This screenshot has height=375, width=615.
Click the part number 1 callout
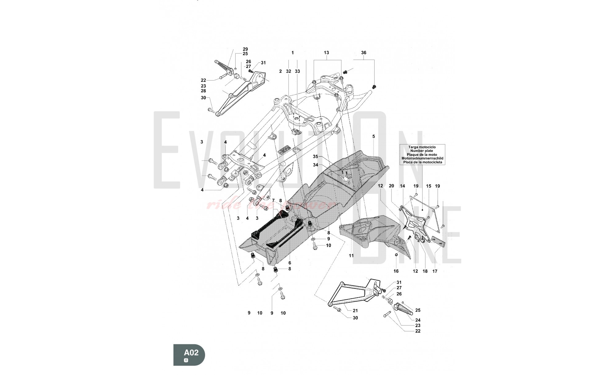pos(292,53)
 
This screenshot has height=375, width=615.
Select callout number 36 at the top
pos(363,53)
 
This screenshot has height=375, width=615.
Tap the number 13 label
pos(326,53)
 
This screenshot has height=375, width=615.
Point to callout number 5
pos(374,136)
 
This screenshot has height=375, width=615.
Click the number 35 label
pos(315,156)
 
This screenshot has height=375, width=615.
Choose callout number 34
pos(315,165)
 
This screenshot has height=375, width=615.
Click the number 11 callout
pos(351,255)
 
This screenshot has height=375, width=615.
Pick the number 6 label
pos(289,263)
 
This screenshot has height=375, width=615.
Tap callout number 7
pos(273,200)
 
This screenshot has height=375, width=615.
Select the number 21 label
pos(355,311)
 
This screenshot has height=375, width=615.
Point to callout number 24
pos(418,320)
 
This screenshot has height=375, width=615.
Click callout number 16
pos(396,271)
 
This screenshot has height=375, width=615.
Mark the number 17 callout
pos(435,271)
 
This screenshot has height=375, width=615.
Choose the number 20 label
pos(391,186)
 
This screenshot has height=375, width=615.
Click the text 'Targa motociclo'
pos(422,147)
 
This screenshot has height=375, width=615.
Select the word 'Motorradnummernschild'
pos(422,158)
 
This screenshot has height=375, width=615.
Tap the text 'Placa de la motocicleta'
pos(422,162)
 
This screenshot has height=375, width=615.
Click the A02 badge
pos(189,355)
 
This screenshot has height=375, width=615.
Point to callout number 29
pos(245,49)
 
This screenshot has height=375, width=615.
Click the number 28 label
pos(203,91)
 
